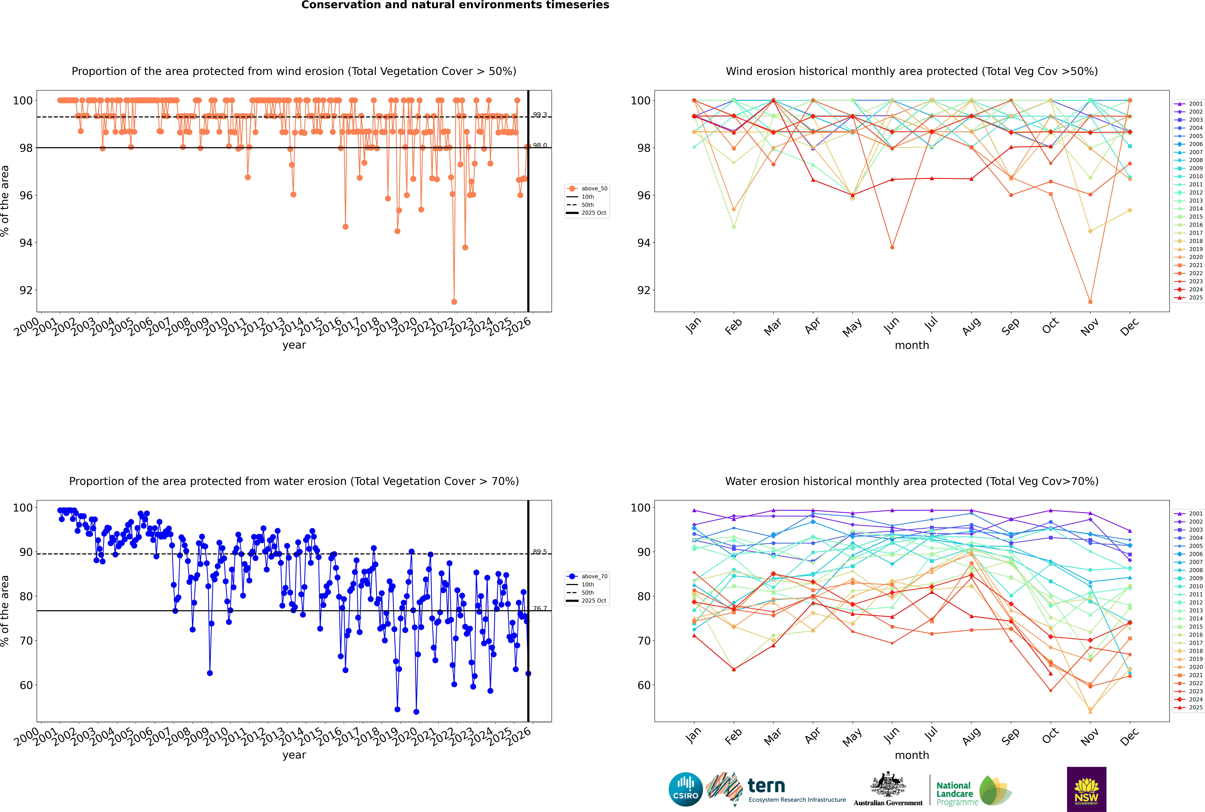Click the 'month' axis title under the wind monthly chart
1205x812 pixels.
tap(912, 345)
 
